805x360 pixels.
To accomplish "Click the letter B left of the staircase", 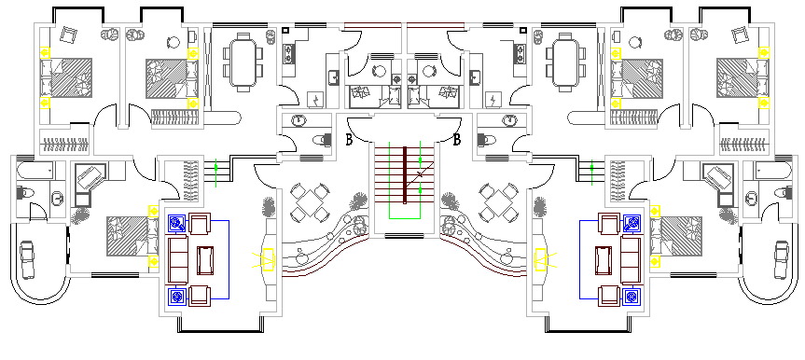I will [x=348, y=141].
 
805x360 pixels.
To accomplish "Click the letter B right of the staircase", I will [x=457, y=141].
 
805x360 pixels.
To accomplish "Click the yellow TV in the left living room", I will [x=268, y=259].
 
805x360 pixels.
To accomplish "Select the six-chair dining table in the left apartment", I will [x=243, y=61].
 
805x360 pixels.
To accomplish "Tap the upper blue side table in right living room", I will [x=632, y=223].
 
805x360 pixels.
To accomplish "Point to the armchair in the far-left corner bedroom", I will [x=67, y=35].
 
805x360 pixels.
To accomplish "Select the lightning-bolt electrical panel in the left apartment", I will [x=316, y=99].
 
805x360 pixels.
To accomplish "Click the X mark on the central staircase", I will [x=421, y=174].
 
